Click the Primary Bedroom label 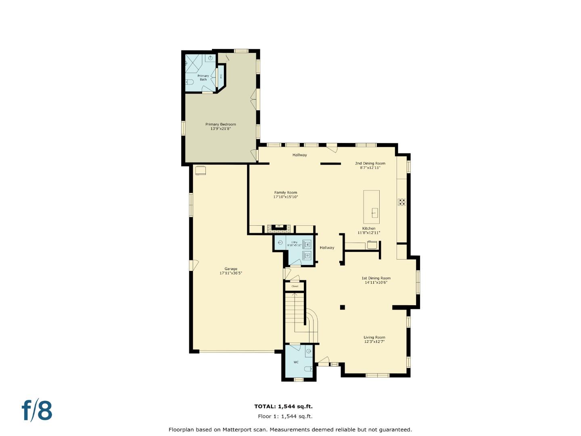(220, 124)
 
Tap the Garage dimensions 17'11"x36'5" (231, 273)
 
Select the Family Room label (286, 193)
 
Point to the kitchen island (371, 207)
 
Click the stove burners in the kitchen (401, 202)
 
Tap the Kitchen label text (369, 228)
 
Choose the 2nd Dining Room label (370, 163)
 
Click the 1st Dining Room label (376, 278)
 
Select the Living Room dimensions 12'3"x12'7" (374, 342)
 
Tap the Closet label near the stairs (295, 286)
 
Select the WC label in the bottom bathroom (296, 362)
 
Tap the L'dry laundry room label (294, 242)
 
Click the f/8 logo (37, 411)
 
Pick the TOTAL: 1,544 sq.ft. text (283, 407)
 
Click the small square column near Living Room (342, 307)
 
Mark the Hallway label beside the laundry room (327, 247)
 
